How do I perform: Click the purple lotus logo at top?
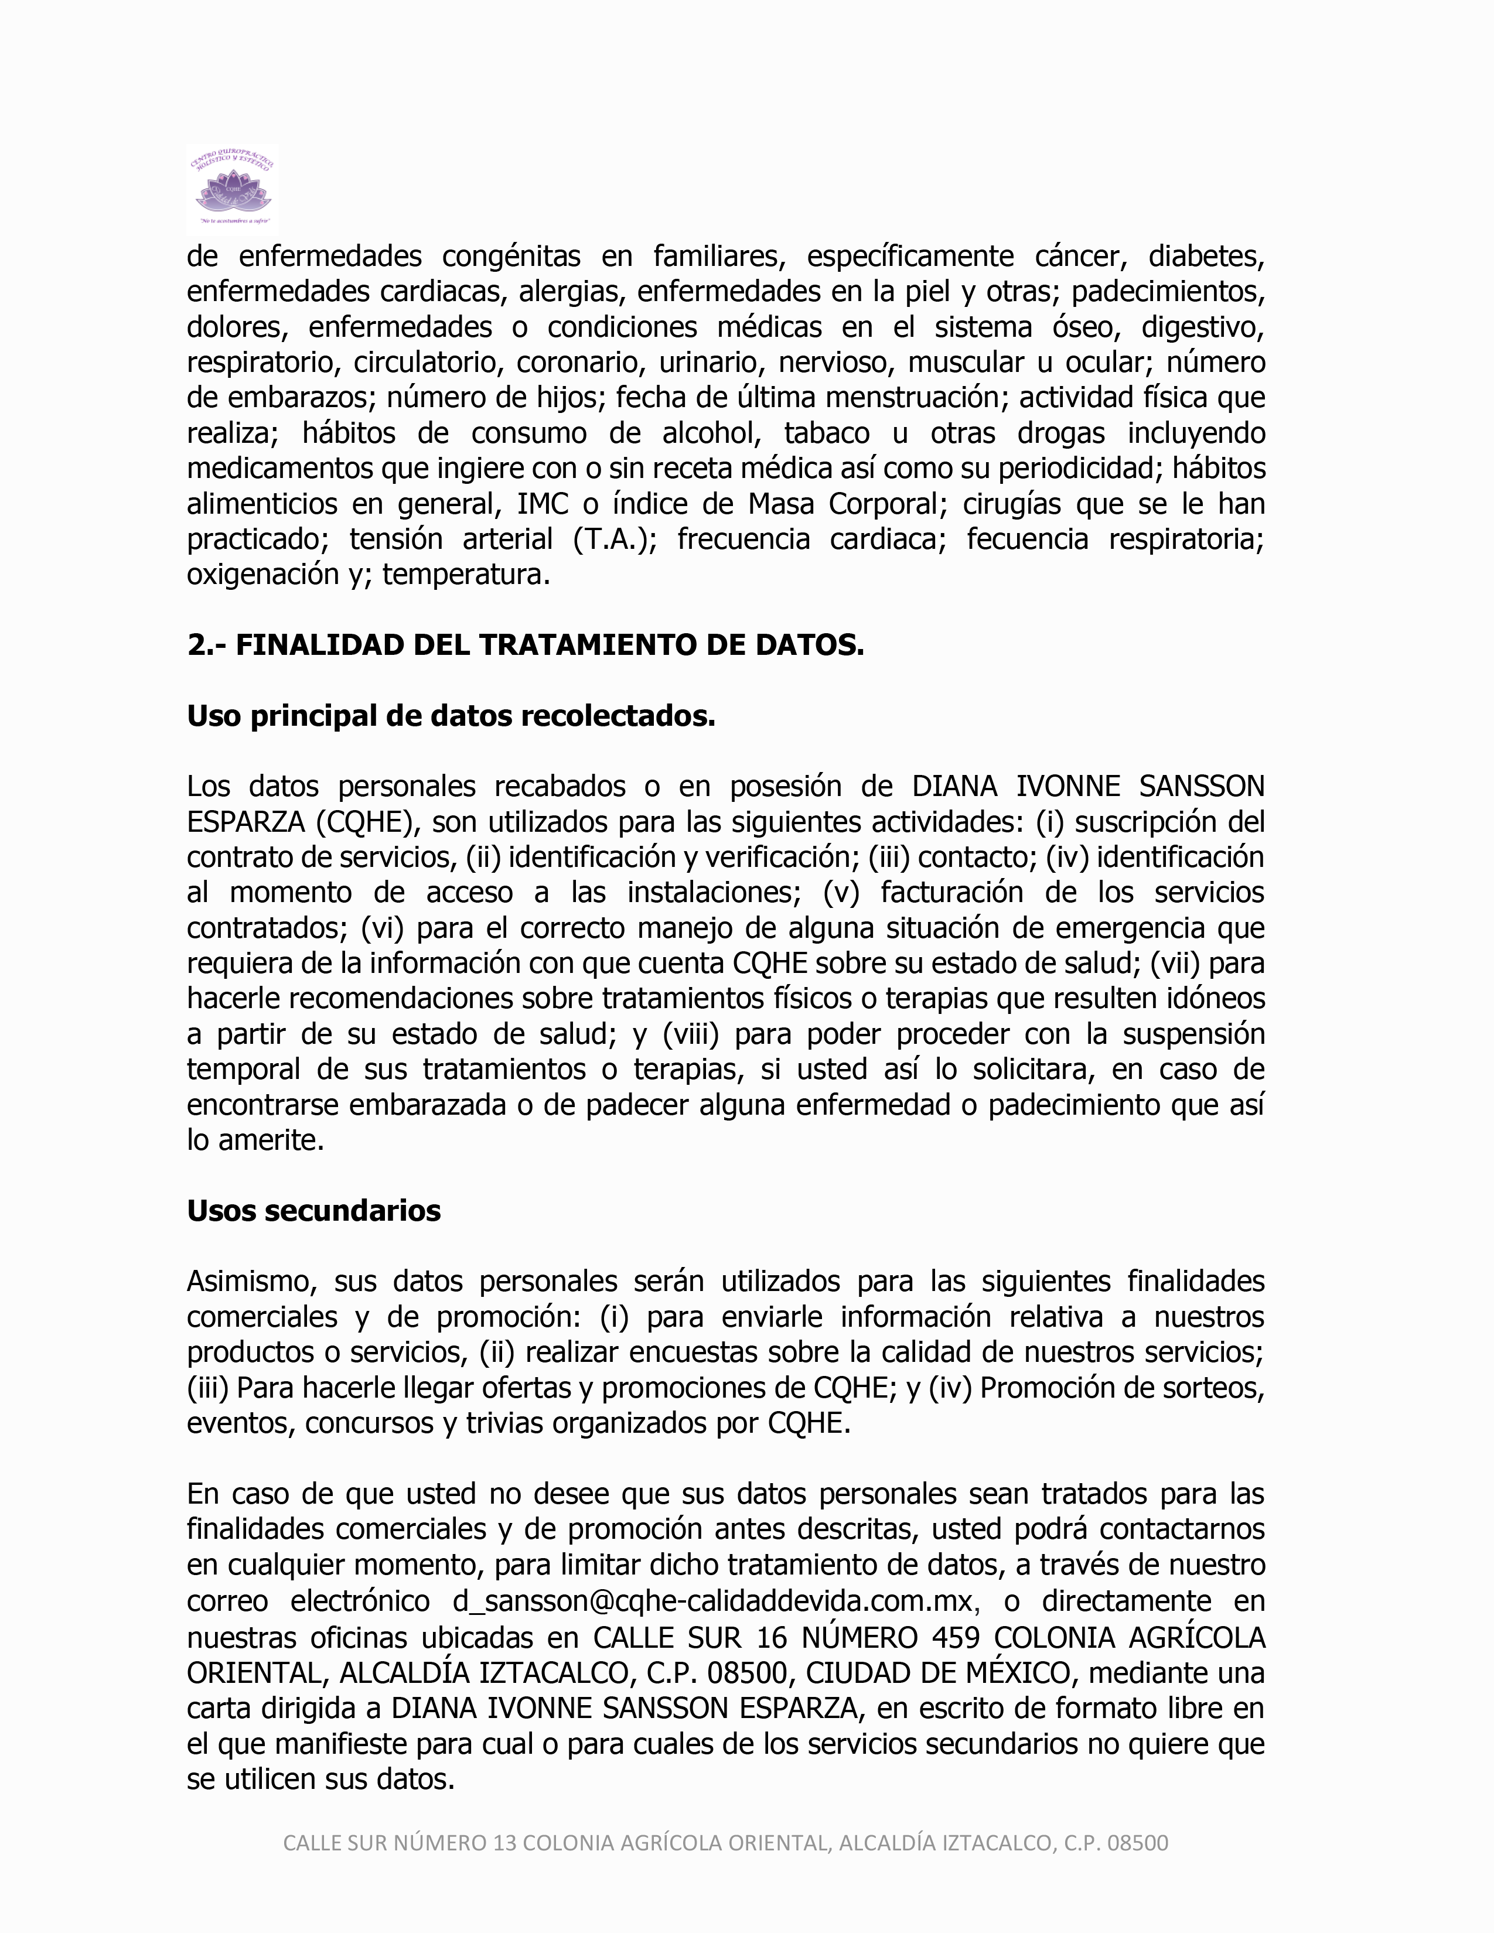click(233, 189)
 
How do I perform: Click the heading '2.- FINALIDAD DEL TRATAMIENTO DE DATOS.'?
click(525, 646)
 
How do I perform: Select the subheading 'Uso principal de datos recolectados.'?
click(451, 716)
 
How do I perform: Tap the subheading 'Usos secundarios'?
click(313, 1210)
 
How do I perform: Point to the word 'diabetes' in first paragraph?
click(1206, 257)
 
